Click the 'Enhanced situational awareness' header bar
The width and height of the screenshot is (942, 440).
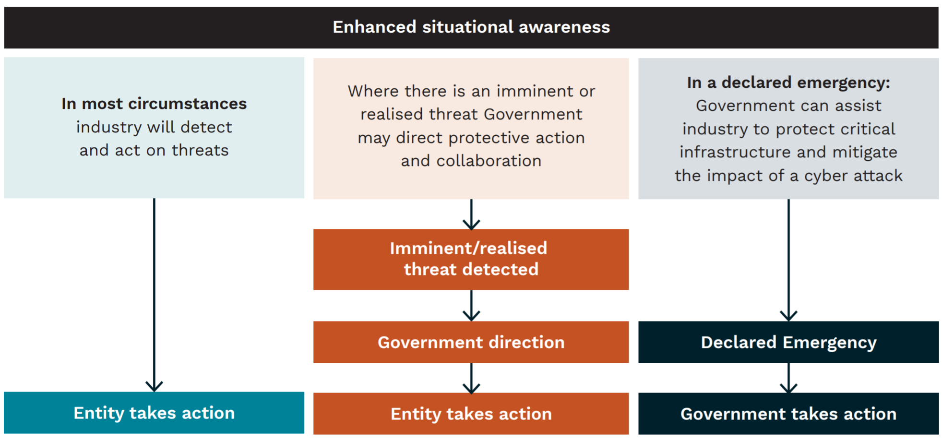click(x=471, y=27)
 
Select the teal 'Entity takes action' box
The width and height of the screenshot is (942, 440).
click(x=154, y=413)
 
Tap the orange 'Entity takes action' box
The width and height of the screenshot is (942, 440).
click(x=471, y=414)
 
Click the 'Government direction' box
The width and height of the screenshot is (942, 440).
click(x=471, y=342)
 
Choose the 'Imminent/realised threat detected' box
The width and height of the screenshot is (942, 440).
click(x=471, y=259)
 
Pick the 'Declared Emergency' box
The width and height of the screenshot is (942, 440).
click(x=788, y=342)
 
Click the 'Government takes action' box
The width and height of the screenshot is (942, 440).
click(x=788, y=414)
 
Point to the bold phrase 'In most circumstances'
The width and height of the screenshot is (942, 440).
click(x=154, y=104)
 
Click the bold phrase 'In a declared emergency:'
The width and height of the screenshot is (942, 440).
click(x=788, y=83)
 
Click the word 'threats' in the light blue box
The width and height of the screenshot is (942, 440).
click(x=200, y=150)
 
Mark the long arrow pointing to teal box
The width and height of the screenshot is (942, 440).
click(x=154, y=295)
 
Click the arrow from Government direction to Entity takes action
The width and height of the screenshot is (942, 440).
click(x=471, y=378)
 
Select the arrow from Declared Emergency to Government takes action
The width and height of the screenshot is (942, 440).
click(x=788, y=378)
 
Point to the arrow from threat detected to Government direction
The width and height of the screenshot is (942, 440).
click(x=471, y=306)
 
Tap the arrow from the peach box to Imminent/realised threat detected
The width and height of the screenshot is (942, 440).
click(x=471, y=214)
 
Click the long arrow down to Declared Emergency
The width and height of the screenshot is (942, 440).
click(x=788, y=260)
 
